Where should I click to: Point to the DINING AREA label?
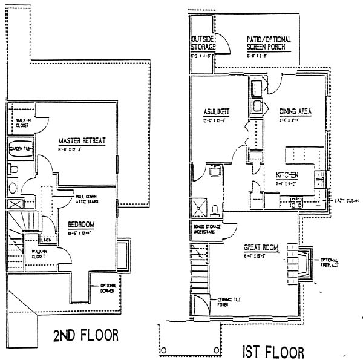tap(295, 111)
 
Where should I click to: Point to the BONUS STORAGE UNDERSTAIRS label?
tap(206, 228)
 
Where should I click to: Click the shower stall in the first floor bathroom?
tap(199, 207)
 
